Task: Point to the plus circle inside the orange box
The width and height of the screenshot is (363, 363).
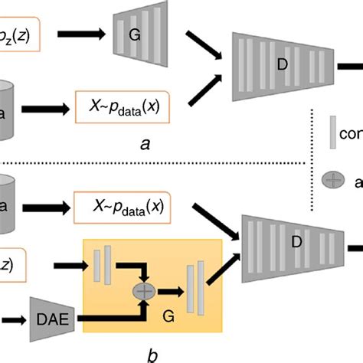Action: (143, 291)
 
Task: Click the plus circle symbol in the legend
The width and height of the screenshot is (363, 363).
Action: (333, 181)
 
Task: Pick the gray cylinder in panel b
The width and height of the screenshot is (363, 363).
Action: (11, 202)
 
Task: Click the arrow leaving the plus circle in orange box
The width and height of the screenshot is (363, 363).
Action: (166, 291)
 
